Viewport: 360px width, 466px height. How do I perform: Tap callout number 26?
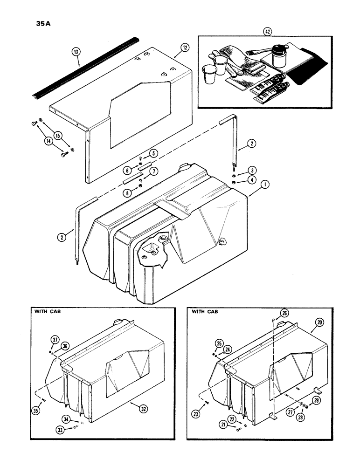click(284, 313)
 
